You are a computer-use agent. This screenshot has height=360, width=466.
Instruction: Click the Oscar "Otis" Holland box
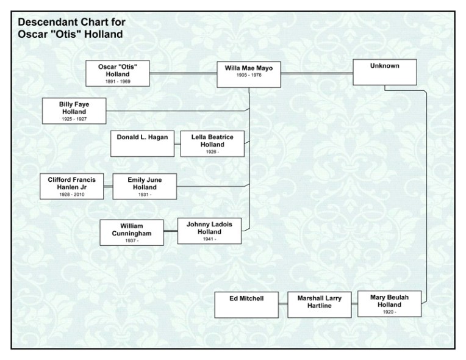pos(118,73)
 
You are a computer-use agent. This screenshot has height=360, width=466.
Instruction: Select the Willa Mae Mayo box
pos(249,74)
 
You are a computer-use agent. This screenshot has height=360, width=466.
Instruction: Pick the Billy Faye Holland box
pos(73,111)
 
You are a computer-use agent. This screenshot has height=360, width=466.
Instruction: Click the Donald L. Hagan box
pos(142,143)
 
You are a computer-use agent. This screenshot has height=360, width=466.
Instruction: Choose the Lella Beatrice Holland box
pos(212,144)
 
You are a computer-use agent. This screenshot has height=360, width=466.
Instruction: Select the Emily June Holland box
pos(145,186)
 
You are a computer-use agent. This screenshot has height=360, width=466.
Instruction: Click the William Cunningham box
pos(132,232)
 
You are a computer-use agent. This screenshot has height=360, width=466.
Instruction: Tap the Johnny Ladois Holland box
pos(209,231)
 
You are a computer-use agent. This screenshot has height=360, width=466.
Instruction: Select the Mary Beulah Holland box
pos(389,303)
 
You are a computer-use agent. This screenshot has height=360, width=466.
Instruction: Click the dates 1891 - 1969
pos(118,81)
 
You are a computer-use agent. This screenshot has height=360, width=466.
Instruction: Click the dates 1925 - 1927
pos(73,119)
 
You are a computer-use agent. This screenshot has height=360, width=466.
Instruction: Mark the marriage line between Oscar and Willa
pos(184,74)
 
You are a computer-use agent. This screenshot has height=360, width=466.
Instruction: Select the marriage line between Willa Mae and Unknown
pos(317,74)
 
